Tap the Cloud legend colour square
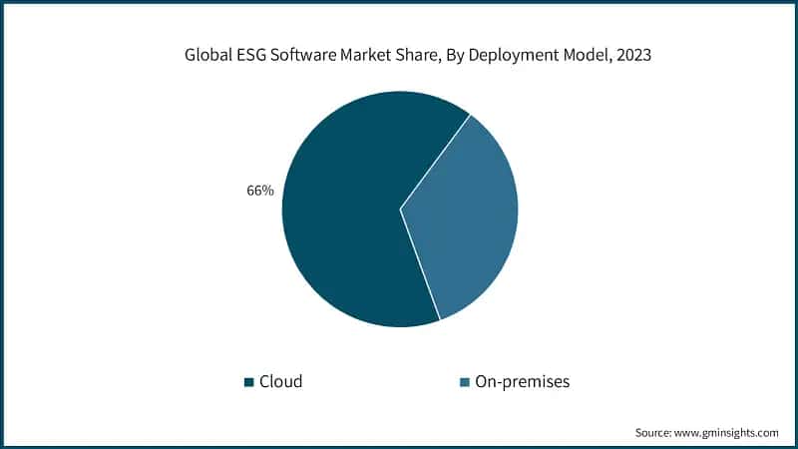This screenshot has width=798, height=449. tap(248, 382)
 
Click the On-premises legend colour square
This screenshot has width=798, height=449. tap(464, 382)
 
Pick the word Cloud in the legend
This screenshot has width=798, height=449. tap(280, 381)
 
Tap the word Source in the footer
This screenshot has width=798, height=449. tap(654, 432)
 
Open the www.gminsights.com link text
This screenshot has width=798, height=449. tap(728, 432)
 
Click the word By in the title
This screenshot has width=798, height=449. tap(457, 56)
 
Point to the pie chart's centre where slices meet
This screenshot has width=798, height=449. tap(400, 210)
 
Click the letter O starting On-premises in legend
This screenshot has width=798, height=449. tap(482, 381)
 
